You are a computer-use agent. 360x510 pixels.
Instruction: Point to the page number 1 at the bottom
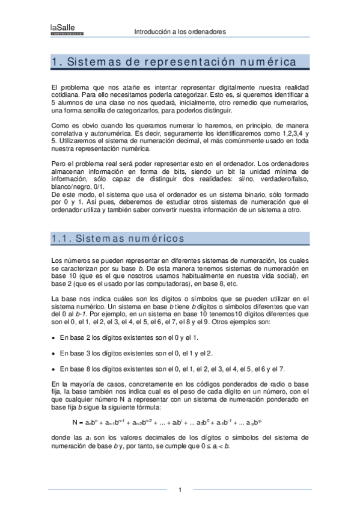point(180,490)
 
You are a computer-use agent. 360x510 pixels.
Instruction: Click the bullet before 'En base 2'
point(55,338)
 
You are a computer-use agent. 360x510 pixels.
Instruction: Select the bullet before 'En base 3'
point(55,354)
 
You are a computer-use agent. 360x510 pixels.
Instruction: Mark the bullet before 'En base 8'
point(55,369)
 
